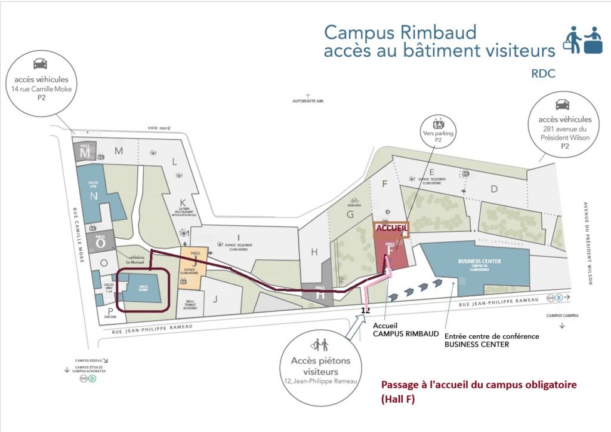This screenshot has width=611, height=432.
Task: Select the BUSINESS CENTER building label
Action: coord(479,262)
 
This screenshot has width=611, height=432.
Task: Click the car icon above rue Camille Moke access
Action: coord(39,63)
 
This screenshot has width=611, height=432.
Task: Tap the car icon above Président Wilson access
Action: coord(562,103)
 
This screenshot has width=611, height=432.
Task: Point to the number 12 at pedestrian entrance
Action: coord(366,310)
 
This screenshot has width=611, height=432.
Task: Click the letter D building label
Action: coord(493,189)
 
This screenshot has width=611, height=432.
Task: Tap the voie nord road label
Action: coord(159,127)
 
